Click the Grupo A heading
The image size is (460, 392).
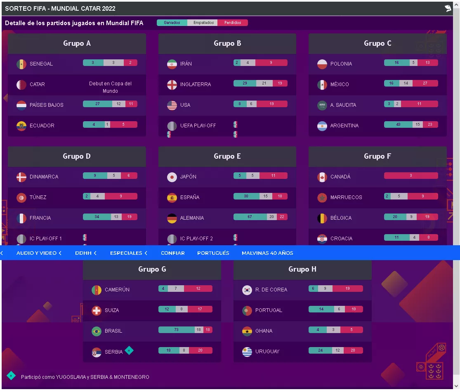click(77, 43)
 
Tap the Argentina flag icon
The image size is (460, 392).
click(322, 126)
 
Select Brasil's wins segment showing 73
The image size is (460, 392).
click(177, 330)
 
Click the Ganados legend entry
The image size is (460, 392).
click(172, 23)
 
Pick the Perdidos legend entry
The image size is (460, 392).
click(233, 23)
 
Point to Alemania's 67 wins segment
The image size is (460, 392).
click(250, 217)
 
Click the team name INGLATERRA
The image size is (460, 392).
click(195, 85)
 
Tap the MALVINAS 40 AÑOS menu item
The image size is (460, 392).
click(267, 253)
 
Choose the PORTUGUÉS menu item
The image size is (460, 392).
click(213, 253)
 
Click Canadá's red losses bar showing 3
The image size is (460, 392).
click(411, 176)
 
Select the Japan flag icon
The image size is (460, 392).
click(172, 177)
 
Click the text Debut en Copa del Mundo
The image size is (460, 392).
click(110, 87)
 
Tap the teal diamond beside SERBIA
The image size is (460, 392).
click(129, 350)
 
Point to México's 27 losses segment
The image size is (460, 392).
click(425, 83)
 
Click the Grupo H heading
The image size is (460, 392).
click(302, 269)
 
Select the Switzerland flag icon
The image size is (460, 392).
click(97, 310)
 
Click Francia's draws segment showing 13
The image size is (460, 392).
click(116, 217)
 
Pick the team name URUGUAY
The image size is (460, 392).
click(267, 352)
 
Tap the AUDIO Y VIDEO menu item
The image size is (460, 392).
click(37, 253)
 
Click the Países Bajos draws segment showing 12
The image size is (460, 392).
click(118, 104)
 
